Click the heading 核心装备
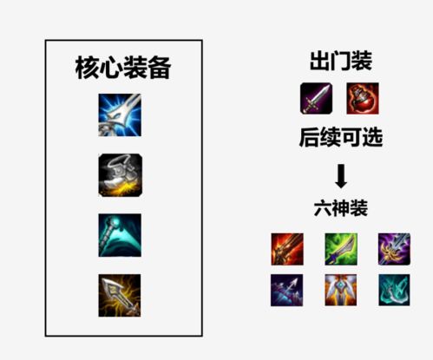click(123, 68)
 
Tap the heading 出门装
click(341, 61)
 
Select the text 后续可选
click(341, 137)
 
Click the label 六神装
click(341, 208)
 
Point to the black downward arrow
click(341, 176)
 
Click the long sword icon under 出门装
click(316, 98)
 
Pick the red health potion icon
click(363, 98)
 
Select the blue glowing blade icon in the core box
click(120, 115)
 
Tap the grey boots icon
click(120, 175)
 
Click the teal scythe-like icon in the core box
click(120, 235)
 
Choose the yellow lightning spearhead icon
click(120, 295)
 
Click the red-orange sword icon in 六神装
click(287, 249)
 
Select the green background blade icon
click(341, 249)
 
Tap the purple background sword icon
click(394, 249)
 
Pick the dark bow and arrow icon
click(286, 290)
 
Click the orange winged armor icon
click(341, 290)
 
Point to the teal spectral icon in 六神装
click(394, 290)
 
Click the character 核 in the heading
click(87, 68)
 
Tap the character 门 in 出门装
click(341, 61)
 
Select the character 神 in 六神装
click(341, 208)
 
